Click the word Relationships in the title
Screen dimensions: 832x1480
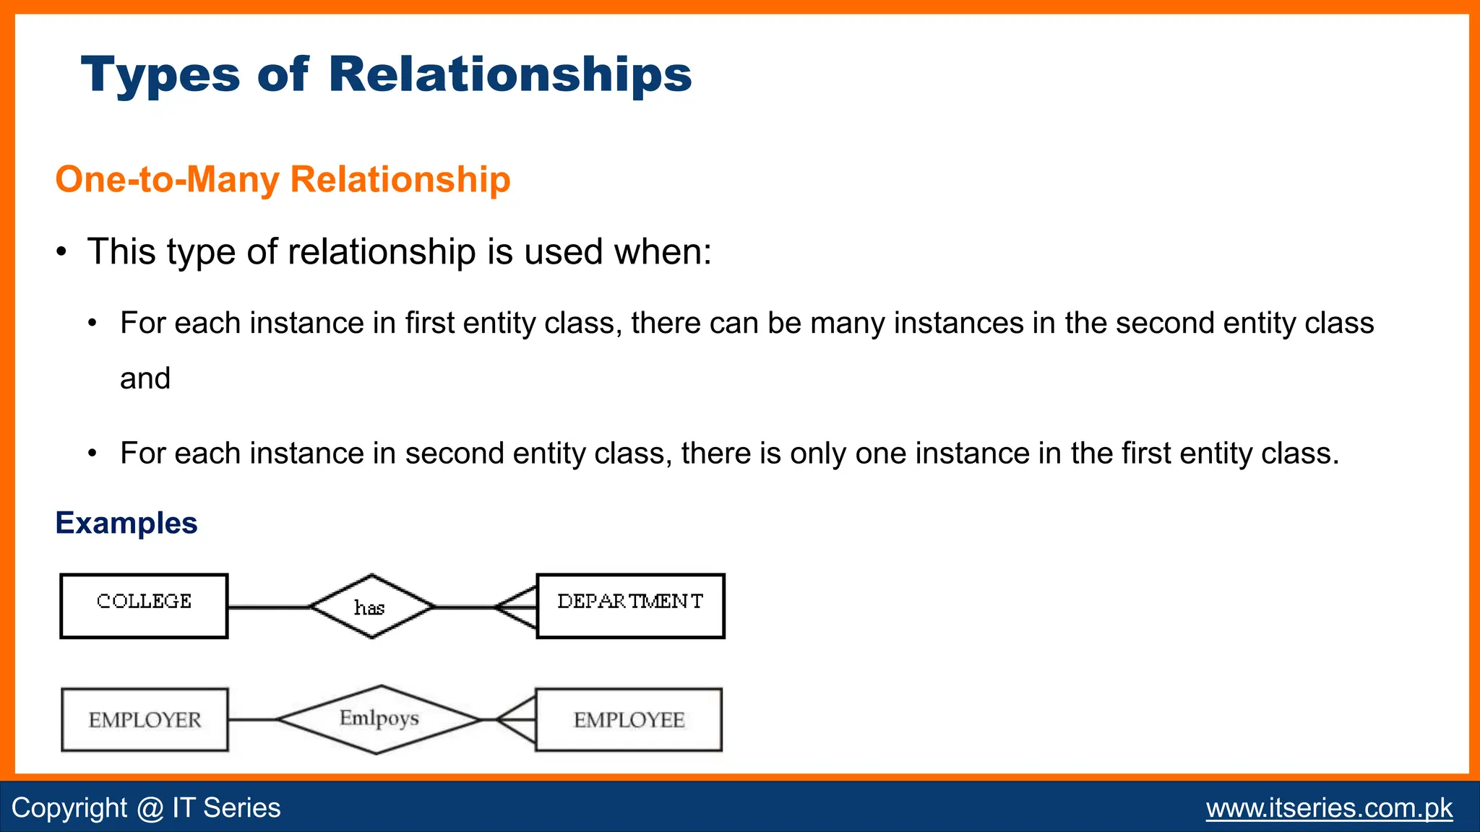pos(509,74)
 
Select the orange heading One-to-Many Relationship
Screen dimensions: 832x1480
pos(283,179)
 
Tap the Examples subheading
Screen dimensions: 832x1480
pos(126,523)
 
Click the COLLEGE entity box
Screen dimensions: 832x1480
pos(144,606)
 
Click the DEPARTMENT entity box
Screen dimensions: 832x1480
pos(630,606)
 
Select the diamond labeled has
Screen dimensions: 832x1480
pos(371,607)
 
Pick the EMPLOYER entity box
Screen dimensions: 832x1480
pos(145,719)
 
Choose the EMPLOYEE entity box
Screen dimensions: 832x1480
pos(629,719)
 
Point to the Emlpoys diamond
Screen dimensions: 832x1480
pos(379,719)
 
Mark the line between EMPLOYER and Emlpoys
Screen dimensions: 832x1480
pos(252,719)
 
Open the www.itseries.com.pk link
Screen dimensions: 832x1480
pos(1329,807)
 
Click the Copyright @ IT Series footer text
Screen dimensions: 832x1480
pos(146,807)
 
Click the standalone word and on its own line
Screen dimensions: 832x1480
pos(145,378)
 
